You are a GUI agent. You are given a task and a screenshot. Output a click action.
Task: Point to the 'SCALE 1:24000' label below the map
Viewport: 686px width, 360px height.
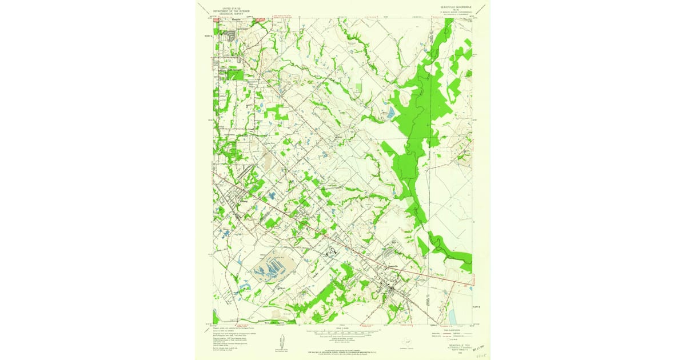tap(342, 327)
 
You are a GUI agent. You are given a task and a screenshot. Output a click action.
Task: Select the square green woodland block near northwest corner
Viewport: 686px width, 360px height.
tap(235, 74)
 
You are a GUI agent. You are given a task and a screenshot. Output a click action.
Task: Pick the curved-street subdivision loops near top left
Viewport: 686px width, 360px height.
tap(230, 37)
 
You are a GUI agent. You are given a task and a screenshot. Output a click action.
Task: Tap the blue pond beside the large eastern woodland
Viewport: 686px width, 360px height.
tap(390, 113)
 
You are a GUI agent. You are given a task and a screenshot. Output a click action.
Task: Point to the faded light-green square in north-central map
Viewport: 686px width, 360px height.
tap(358, 87)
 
